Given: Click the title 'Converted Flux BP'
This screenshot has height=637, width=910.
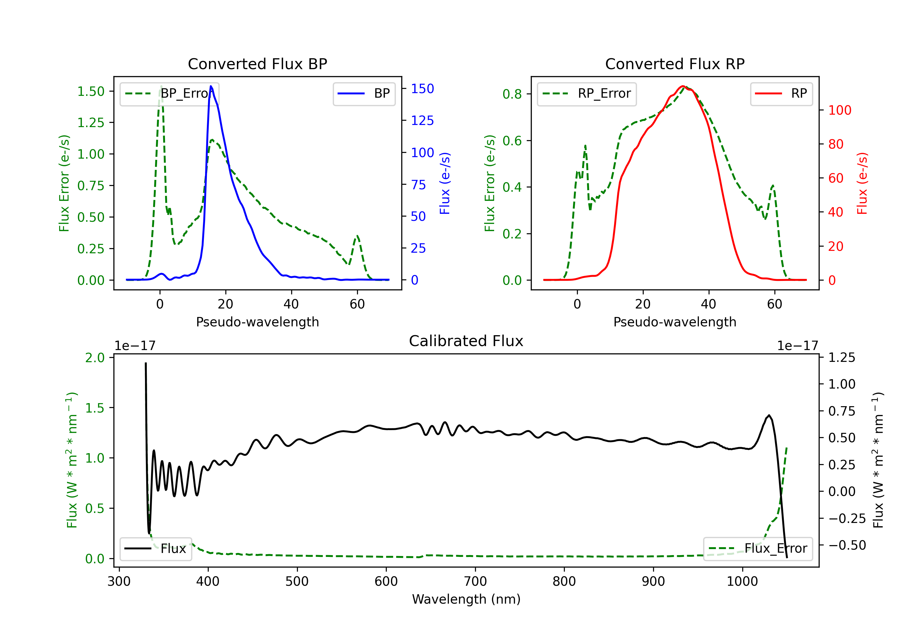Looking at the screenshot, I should point(257,64).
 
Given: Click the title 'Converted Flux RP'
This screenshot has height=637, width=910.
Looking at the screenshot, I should point(675,64).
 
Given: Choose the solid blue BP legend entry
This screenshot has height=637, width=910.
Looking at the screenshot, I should point(364,93).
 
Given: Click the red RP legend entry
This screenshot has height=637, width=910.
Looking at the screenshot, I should point(781,93).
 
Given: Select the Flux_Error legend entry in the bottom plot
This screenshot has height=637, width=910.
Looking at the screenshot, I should point(757,549).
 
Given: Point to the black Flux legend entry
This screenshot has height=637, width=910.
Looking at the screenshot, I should point(156,549).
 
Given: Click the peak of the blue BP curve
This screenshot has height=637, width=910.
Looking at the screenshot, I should point(211,86).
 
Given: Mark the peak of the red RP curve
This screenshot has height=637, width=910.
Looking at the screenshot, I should point(682,86).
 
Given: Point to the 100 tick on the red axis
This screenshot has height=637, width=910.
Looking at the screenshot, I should point(839,110).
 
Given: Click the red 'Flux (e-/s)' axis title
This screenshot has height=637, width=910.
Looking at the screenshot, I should point(862,183).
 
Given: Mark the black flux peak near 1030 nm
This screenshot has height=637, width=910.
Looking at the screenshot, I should point(769,416).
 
